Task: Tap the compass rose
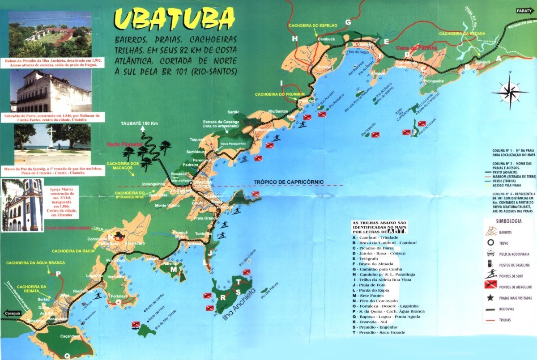510,92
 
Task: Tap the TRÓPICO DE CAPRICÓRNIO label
288,182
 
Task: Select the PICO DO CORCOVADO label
68,228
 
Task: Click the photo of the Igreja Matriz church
22,205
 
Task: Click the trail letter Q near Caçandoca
67,356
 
